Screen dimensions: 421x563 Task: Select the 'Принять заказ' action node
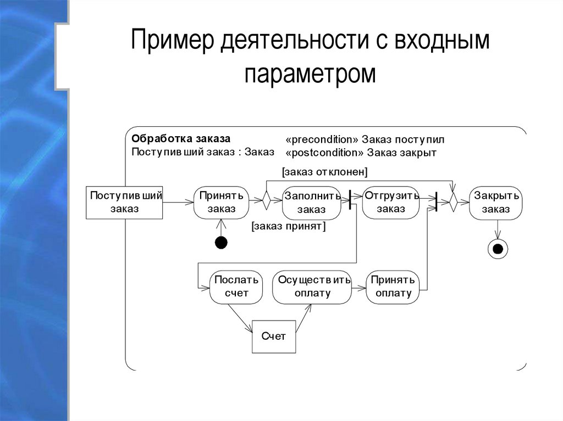pyautogui.click(x=221, y=203)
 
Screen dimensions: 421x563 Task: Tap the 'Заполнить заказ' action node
pyautogui.click(x=311, y=203)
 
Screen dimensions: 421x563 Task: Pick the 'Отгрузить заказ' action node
pyautogui.click(x=391, y=203)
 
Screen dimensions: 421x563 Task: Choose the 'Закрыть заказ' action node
pyautogui.click(x=496, y=203)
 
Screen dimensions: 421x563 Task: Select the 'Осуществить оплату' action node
pyautogui.click(x=312, y=287)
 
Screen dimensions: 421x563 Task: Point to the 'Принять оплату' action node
pyautogui.click(x=393, y=287)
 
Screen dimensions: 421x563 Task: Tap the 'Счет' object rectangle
pyautogui.click(x=274, y=336)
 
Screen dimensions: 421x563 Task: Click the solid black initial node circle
pyautogui.click(x=221, y=242)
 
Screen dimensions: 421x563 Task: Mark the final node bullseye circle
pyautogui.click(x=498, y=249)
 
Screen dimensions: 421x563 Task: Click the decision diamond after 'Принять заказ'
pyautogui.click(x=266, y=201)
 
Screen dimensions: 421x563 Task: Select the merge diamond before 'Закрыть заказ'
pyautogui.click(x=453, y=201)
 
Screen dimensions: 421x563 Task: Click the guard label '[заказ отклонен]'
pyautogui.click(x=324, y=172)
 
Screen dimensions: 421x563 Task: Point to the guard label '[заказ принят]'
pyautogui.click(x=288, y=226)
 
